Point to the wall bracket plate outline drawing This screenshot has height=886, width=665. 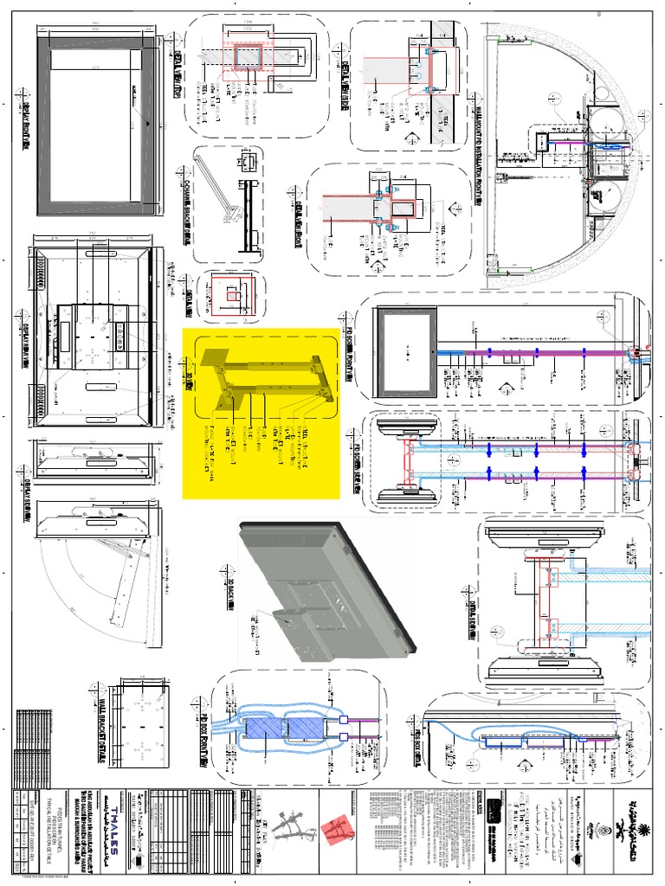click(x=138, y=727)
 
